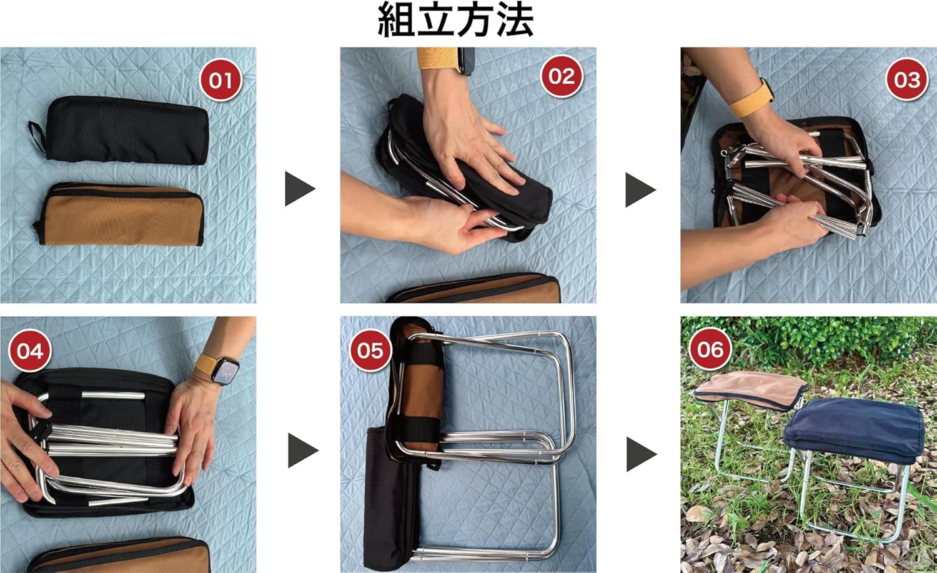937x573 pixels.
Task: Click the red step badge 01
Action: (221, 80)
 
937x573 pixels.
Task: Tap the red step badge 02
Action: (562, 76)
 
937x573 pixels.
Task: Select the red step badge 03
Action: (907, 79)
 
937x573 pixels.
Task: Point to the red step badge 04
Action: (30, 351)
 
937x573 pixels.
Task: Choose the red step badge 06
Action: (710, 349)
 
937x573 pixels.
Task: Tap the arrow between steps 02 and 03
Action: (640, 189)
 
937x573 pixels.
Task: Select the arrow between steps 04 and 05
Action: (303, 451)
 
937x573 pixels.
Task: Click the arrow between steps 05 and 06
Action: (642, 454)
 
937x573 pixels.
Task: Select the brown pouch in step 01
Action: (121, 214)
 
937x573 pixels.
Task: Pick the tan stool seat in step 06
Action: (751, 389)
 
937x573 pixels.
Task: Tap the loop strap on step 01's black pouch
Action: (37, 136)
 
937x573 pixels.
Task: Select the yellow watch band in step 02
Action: (437, 58)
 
